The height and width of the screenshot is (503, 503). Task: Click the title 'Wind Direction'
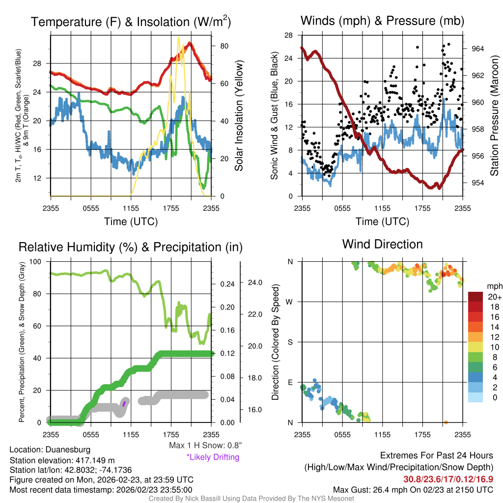pyautogui.click(x=382, y=244)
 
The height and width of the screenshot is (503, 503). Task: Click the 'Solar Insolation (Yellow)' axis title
pyautogui.click(x=239, y=116)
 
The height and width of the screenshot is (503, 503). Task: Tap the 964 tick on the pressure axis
pyautogui.click(x=477, y=49)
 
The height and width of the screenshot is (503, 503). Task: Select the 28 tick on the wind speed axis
pyautogui.click(x=288, y=35)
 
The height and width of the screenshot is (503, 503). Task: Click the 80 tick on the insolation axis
pyautogui.click(x=224, y=46)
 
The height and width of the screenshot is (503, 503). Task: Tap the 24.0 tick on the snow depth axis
pyautogui.click(x=255, y=282)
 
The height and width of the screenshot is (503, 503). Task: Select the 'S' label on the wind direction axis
pyautogui.click(x=290, y=342)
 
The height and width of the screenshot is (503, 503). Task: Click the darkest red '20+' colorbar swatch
pyautogui.click(x=476, y=297)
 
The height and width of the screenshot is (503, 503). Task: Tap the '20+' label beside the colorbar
pyautogui.click(x=494, y=297)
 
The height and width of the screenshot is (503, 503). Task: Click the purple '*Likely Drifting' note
pyautogui.click(x=213, y=457)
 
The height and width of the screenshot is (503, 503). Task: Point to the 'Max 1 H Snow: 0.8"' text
pyautogui.click(x=205, y=446)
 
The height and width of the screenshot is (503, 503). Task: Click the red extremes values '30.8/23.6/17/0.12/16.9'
pyautogui.click(x=448, y=479)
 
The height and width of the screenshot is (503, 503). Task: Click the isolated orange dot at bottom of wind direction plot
pyautogui.click(x=446, y=422)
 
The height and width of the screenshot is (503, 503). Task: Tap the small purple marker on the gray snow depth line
pyautogui.click(x=124, y=403)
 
